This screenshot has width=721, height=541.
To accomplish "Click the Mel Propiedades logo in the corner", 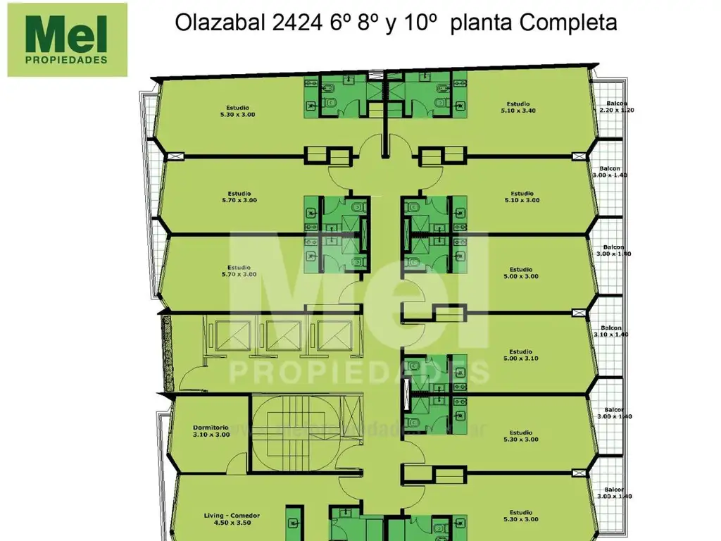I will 67,39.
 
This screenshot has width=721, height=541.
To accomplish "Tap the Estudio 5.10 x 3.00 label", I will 522,197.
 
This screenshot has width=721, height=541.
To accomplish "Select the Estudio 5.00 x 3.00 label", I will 521,273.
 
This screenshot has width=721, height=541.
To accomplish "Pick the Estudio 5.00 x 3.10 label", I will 521,355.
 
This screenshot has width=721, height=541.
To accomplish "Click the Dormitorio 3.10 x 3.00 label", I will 211,430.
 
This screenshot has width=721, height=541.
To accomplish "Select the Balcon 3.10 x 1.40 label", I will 610,332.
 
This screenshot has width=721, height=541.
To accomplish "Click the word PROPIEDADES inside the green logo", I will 67,60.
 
